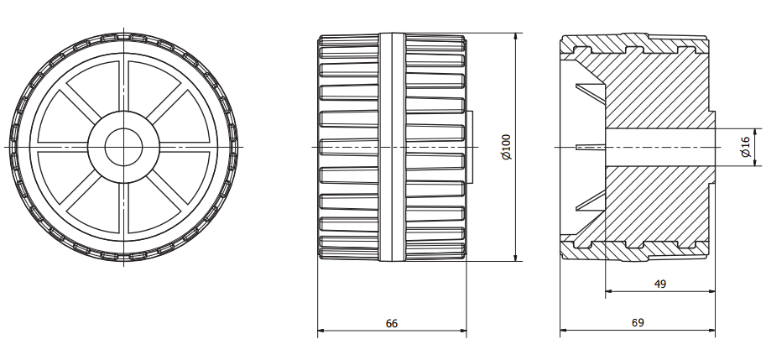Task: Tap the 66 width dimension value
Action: coord(391,322)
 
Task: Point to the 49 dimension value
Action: coord(659,284)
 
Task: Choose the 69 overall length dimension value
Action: coord(638,322)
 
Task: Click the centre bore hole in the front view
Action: coord(123,147)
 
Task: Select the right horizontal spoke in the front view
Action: coord(185,147)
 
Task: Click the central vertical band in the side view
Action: coord(392,147)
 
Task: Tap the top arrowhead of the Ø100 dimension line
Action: coord(514,38)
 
